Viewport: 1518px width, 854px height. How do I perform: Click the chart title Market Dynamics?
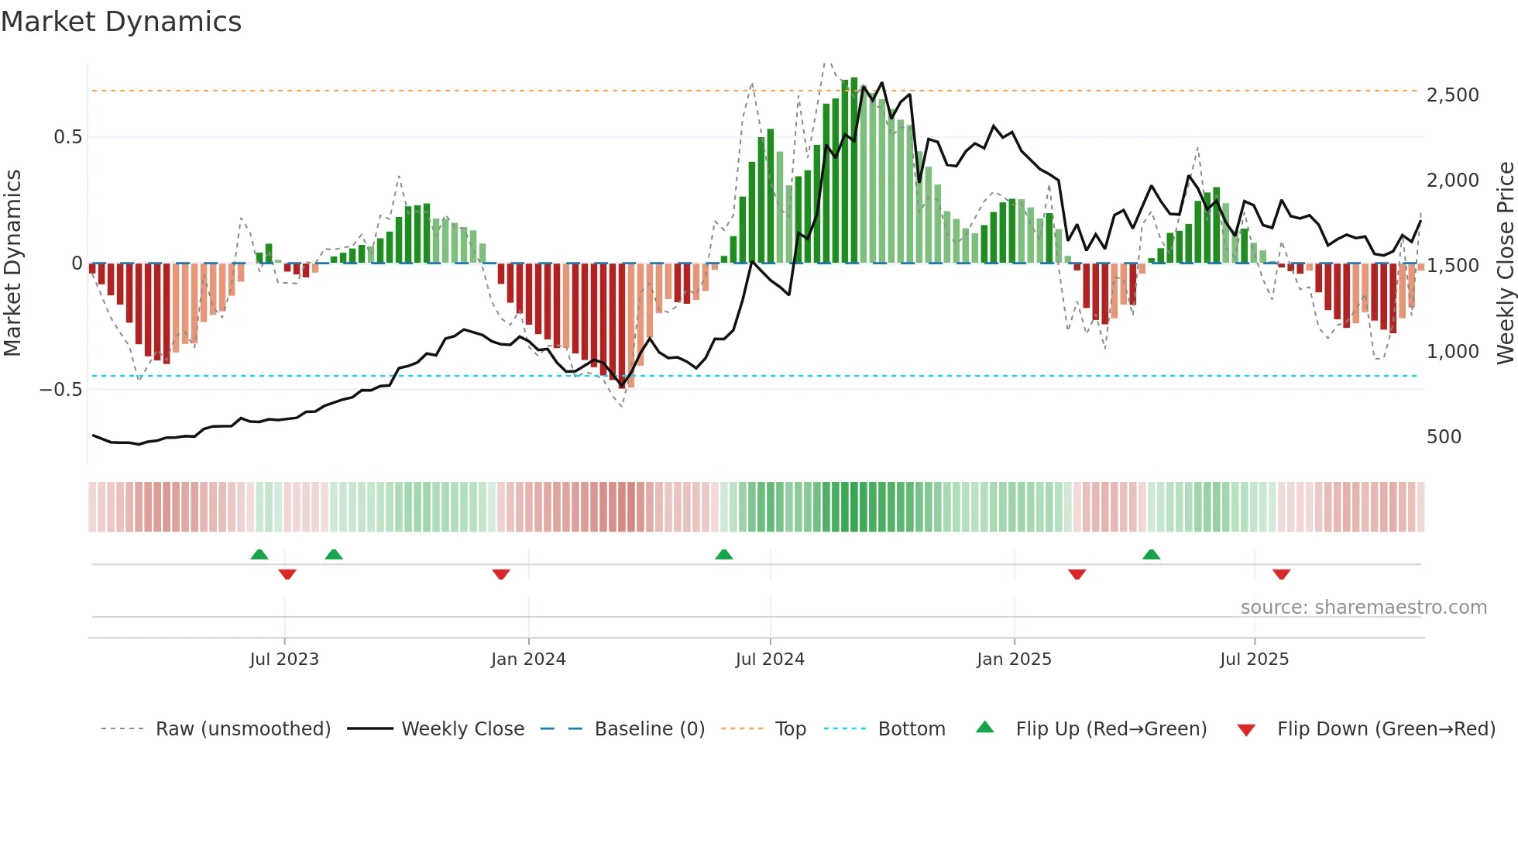coord(121,22)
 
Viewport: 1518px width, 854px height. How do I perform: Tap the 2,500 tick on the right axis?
coord(1452,95)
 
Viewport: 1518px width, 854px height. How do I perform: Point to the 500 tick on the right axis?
coord(1444,437)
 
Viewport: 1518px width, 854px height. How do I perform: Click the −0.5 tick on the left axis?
coord(61,390)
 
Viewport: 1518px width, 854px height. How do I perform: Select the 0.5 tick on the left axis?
coord(67,137)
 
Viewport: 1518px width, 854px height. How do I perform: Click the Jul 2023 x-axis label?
coord(284,659)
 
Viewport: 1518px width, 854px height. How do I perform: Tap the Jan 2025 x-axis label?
coord(1014,659)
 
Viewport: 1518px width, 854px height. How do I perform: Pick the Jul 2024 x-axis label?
coord(770,659)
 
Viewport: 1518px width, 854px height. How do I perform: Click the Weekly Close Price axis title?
coord(1505,263)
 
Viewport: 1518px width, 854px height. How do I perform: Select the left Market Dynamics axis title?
coord(12,263)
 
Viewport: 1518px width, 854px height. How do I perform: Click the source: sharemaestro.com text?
coord(1363,608)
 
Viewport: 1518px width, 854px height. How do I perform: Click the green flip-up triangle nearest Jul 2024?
coord(723,555)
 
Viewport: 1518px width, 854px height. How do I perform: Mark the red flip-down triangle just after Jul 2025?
coord(1281,574)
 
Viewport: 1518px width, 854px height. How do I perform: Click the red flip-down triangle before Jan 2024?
coord(501,574)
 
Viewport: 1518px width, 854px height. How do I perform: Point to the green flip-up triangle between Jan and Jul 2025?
coord(1151,555)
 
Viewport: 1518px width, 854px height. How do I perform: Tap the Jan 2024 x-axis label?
coord(528,659)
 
